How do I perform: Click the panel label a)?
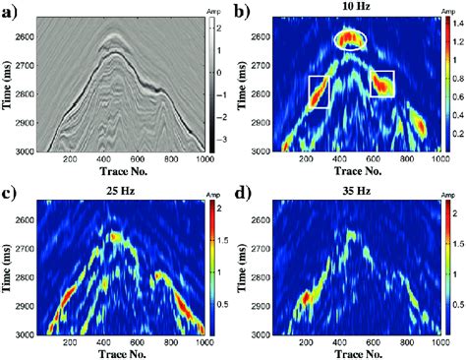click(12, 12)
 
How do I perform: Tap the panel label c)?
click(12, 190)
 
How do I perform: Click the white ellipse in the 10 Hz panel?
click(351, 39)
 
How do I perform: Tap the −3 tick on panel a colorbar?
click(218, 141)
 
